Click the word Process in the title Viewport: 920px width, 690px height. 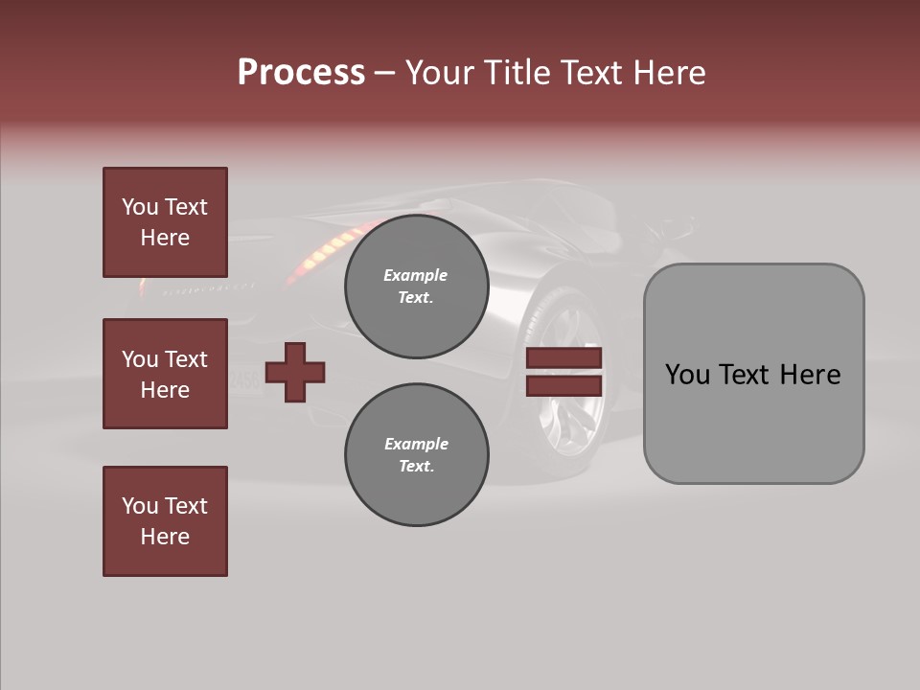tap(301, 73)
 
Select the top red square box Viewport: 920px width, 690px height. tap(165, 222)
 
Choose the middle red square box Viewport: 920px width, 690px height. tap(165, 374)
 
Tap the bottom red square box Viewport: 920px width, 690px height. tap(165, 521)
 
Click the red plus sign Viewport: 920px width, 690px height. tap(295, 372)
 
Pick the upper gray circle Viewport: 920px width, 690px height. tap(416, 286)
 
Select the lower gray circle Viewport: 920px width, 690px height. tap(416, 455)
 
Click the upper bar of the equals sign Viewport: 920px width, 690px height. tap(563, 358)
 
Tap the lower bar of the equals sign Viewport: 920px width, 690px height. tap(563, 385)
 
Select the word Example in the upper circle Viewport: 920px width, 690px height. tap(416, 275)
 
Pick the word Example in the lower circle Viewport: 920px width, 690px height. tap(416, 444)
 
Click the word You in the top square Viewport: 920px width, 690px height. tap(139, 207)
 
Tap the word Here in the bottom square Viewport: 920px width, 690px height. tap(165, 537)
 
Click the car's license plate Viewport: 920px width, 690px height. tap(245, 379)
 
